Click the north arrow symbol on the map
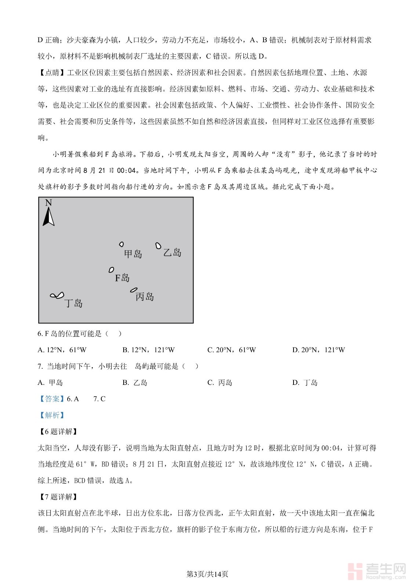pos(48,217)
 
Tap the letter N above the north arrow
pos(48,203)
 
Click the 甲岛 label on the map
pos(133,254)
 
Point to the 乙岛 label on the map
pos(172,252)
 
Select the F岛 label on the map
pos(122,278)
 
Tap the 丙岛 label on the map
pos(145,296)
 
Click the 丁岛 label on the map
pos(73,303)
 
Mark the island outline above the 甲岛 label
pos(121,244)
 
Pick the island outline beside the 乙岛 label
pos(159,246)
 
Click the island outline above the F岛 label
pos(111,270)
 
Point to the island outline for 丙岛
pos(134,290)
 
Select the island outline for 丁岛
pos(57,295)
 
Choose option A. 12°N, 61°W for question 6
pos(62,350)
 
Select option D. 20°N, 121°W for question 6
pos(318,350)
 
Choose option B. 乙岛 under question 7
pos(135,383)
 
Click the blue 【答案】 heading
pos(52,399)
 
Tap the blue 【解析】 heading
pos(52,415)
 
